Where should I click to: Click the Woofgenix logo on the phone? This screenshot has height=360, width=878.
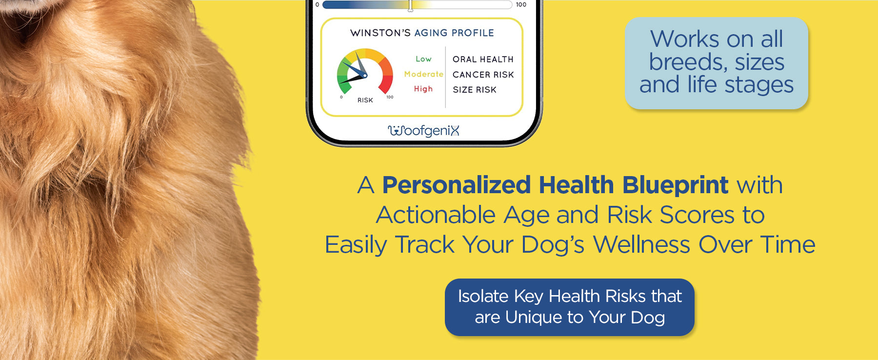[x=423, y=131]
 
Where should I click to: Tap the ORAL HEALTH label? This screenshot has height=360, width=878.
[x=483, y=59]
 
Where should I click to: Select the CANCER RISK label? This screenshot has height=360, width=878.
[x=483, y=75]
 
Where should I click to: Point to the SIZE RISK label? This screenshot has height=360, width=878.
[x=474, y=90]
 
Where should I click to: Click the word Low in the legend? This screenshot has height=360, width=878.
[x=423, y=59]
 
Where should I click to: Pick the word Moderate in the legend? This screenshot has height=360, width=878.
[x=423, y=74]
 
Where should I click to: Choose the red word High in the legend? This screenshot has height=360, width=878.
[x=423, y=89]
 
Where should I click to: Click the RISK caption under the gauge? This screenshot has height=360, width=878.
[x=365, y=100]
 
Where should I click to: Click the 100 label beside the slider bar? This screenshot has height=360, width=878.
[x=521, y=5]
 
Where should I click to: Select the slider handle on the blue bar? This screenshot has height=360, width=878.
[x=410, y=5]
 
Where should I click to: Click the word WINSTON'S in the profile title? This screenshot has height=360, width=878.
[x=380, y=33]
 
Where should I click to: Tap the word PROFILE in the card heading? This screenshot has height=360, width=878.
[x=473, y=33]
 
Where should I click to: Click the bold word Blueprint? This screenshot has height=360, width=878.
[x=675, y=186]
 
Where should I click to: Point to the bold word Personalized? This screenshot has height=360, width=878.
[x=457, y=185]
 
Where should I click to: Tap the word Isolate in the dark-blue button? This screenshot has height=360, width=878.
[x=483, y=296]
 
